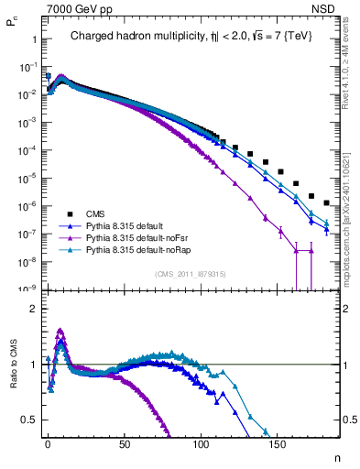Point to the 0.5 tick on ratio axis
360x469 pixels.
click(x=28, y=420)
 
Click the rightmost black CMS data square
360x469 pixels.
click(x=327, y=202)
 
